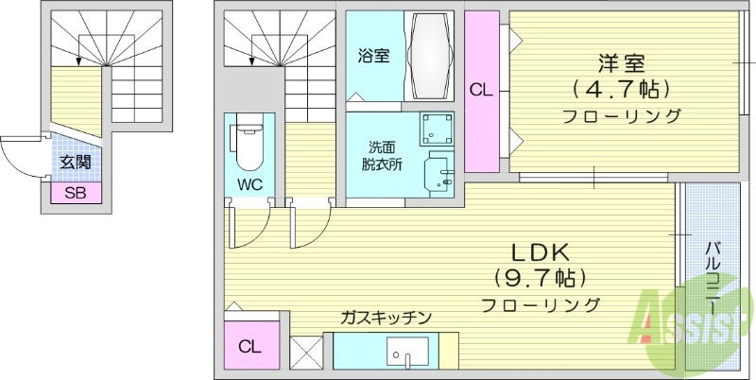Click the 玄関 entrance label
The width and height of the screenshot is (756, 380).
click(74, 162)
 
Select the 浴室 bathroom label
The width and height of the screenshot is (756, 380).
click(373, 55)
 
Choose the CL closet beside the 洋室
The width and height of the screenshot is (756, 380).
click(481, 92)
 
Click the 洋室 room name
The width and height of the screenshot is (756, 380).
click(621, 63)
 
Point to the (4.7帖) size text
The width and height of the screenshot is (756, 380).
click(621, 90)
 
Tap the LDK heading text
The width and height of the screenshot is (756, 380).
click(539, 253)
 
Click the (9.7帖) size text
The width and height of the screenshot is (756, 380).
click(540, 279)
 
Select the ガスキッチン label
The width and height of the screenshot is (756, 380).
click(387, 318)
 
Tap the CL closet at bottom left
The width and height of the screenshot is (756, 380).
click(249, 346)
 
